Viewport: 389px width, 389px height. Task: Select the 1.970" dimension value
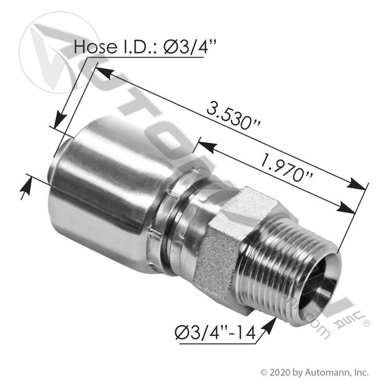pos(285,168)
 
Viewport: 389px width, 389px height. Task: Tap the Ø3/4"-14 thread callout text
pos(215,332)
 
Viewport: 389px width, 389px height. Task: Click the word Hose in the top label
pos(95,47)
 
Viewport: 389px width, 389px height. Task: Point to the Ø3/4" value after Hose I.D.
pos(190,47)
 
